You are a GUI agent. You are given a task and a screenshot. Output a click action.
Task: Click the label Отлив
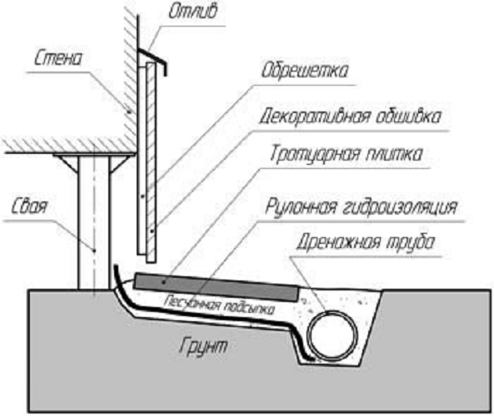pyautogui.click(x=192, y=12)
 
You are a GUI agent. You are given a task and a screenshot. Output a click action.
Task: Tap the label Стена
pyautogui.click(x=58, y=58)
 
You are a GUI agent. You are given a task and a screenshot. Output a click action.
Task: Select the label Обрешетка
pyautogui.click(x=305, y=71)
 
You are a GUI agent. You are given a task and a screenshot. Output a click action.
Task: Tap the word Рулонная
pyautogui.click(x=300, y=207)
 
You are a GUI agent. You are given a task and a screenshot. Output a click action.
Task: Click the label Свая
pyautogui.click(x=29, y=206)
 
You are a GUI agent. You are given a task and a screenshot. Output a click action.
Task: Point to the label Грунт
pyautogui.click(x=203, y=346)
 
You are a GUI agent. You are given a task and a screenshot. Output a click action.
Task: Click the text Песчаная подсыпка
pyautogui.click(x=219, y=305)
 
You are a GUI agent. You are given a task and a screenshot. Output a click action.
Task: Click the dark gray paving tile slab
pyautogui.click(x=217, y=288)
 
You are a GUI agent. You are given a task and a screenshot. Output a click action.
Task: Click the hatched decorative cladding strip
pyautogui.click(x=151, y=162)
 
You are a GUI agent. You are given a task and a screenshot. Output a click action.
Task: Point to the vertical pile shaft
pyautogui.click(x=94, y=223)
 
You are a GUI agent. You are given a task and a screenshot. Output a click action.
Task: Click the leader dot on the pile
pyautogui.click(x=93, y=250)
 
